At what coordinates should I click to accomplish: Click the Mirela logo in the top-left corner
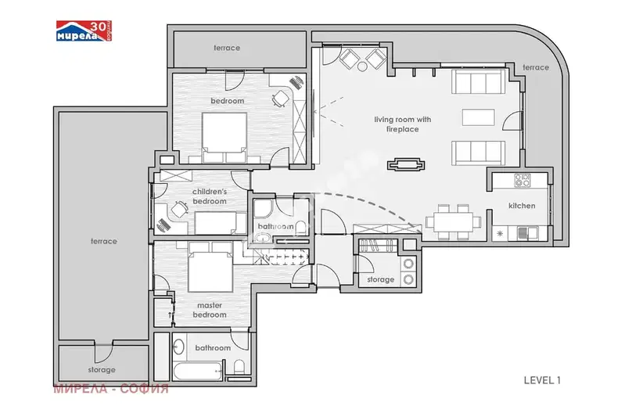click(x=84, y=31)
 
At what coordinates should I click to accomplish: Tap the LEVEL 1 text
click(x=542, y=380)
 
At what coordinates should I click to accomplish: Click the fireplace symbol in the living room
click(x=406, y=164)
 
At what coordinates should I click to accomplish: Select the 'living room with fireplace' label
click(x=403, y=124)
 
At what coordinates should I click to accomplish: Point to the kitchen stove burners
click(x=523, y=180)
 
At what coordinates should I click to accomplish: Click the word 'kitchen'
click(x=522, y=206)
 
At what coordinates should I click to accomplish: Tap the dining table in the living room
click(x=454, y=222)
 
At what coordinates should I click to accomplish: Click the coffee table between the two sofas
click(x=478, y=117)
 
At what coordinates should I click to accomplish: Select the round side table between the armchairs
click(x=362, y=67)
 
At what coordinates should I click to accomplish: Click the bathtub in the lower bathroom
click(x=198, y=371)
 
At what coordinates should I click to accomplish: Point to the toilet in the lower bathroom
click(x=239, y=367)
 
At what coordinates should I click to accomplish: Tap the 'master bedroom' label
click(x=210, y=310)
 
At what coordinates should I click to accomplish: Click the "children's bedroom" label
click(x=210, y=196)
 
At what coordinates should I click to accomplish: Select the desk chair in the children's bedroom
click(x=179, y=210)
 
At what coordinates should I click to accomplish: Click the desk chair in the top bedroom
click(x=281, y=99)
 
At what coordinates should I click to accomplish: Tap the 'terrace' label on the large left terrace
click(x=103, y=241)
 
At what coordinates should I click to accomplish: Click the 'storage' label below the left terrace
click(x=102, y=370)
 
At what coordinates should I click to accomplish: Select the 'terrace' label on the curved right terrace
click(x=536, y=67)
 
